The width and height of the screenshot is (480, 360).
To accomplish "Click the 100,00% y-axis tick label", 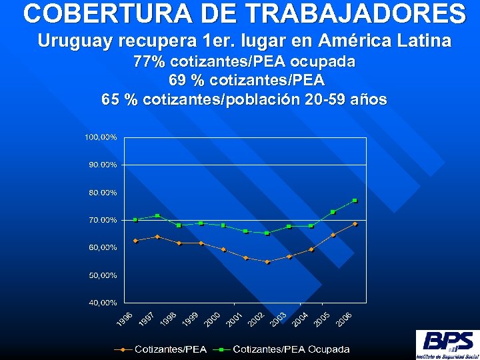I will tap(101, 137).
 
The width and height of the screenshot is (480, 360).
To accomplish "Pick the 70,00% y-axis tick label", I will tap(103, 220).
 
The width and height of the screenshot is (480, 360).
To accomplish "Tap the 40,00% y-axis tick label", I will tap(103, 303).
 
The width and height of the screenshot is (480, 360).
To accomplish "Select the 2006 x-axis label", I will tap(344, 319).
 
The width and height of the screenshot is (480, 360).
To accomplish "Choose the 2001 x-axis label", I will tap(235, 319).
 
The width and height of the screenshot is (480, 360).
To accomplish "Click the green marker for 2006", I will tap(355, 201).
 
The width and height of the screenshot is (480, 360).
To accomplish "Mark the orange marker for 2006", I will tap(355, 224).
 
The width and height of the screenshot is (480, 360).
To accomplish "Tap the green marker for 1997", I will tap(157, 215).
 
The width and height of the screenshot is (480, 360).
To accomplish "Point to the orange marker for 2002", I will tap(267, 262).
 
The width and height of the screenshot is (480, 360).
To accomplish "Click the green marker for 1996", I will tap(135, 220).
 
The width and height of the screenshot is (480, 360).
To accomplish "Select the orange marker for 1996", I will tap(135, 241).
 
